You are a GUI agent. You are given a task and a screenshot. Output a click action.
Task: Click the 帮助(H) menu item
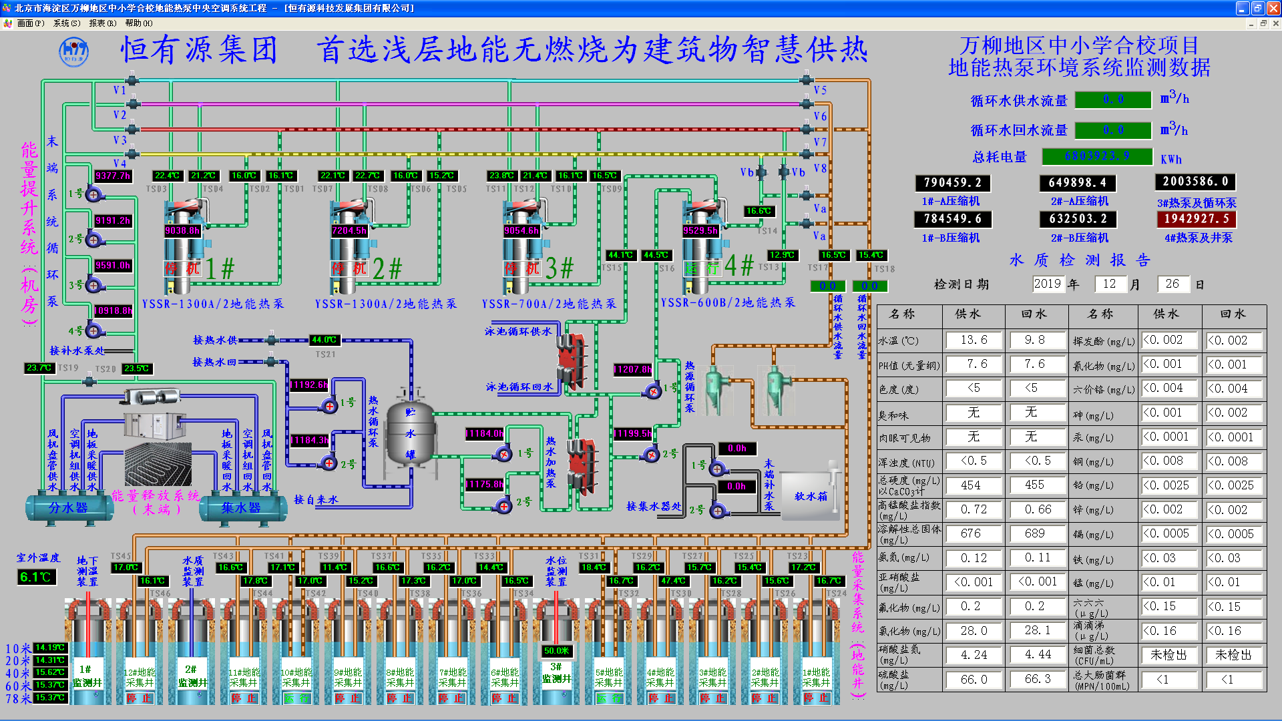[138, 23]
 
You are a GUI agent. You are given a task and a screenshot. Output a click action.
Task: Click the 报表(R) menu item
[102, 23]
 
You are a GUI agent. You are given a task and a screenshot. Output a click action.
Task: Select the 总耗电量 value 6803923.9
[1097, 156]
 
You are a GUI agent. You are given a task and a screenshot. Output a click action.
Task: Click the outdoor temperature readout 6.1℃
[36, 577]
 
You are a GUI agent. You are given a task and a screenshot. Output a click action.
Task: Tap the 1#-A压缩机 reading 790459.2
[952, 182]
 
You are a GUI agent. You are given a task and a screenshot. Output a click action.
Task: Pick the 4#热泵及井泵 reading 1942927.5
[1196, 219]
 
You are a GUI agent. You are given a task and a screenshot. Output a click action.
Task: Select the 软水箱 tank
[810, 496]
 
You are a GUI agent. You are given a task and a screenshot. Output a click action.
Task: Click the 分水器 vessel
[68, 507]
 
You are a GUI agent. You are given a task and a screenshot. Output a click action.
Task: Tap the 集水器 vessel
[241, 507]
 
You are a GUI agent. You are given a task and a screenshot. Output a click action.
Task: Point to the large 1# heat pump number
[220, 268]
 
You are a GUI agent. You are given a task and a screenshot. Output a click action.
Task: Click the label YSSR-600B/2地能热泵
[728, 302]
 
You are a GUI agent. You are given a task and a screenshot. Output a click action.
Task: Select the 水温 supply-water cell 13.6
[974, 340]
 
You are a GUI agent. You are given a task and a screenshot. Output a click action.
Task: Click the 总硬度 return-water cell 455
[1034, 485]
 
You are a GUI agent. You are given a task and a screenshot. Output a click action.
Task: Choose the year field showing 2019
[1047, 284]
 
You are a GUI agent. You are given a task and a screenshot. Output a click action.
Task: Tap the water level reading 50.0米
[556, 650]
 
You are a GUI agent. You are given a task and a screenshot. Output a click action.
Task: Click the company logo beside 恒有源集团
[73, 51]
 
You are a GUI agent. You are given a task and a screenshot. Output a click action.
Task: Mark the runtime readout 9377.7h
[113, 176]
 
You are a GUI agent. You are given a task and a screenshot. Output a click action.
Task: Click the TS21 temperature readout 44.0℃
[325, 340]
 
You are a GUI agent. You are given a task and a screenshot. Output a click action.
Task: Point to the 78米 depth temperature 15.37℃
[50, 698]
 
